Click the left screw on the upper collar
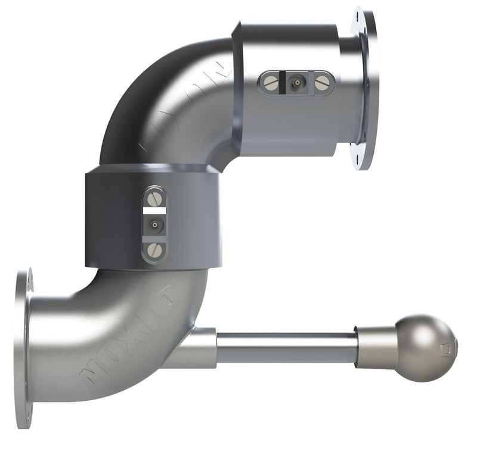[x=271, y=83]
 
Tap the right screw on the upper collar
[x=322, y=83]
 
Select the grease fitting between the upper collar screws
[x=296, y=83]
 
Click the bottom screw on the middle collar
[x=155, y=250]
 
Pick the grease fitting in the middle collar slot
[x=155, y=225]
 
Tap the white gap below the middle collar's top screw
[x=155, y=210]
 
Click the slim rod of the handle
[x=286, y=348]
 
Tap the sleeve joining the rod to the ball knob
[x=373, y=347]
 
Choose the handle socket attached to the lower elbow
[x=197, y=348]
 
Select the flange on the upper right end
[x=365, y=88]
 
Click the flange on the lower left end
[x=23, y=348]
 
